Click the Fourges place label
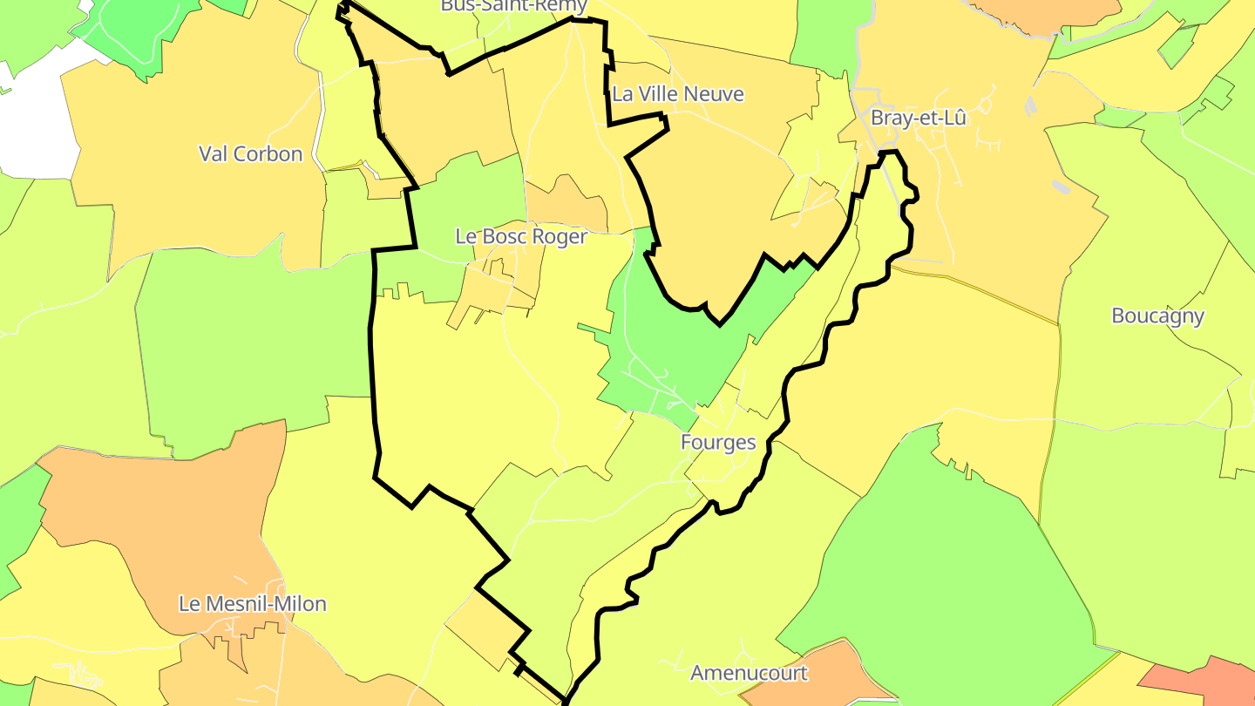pos(718,442)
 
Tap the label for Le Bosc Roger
pos(521,236)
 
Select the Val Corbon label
pos(251,154)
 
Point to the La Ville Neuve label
pos(678,94)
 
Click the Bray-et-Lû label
pos(919,119)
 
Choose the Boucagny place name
pos(1157,316)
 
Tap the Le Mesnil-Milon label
pos(253,603)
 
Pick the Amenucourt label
pos(749,673)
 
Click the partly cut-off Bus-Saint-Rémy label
pos(514,6)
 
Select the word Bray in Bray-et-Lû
pos(891,119)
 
